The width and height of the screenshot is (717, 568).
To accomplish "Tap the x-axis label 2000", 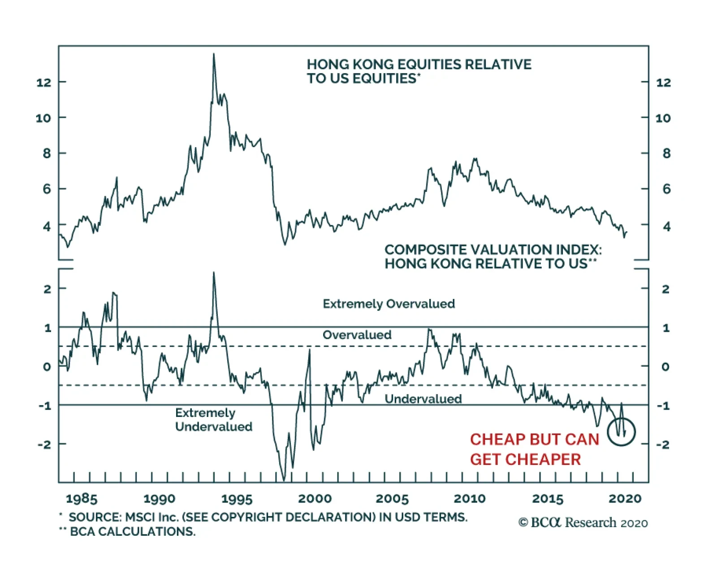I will pyautogui.click(x=315, y=499).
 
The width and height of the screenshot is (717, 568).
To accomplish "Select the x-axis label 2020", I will pyautogui.click(x=625, y=499).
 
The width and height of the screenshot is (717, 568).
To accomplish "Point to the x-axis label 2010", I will pyautogui.click(x=470, y=499).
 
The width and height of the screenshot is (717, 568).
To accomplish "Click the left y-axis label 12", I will pyautogui.click(x=44, y=82).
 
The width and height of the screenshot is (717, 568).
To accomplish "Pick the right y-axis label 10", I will pyautogui.click(x=663, y=118).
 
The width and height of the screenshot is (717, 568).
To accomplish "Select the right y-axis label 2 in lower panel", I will pyautogui.click(x=665, y=289).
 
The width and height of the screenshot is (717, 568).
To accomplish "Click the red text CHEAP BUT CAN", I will pyautogui.click(x=534, y=439).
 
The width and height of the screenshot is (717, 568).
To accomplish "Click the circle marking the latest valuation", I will pyautogui.click(x=622, y=432).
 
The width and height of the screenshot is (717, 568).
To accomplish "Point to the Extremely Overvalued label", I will pyautogui.click(x=389, y=304).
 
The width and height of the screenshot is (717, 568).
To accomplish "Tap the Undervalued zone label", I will pyautogui.click(x=423, y=399).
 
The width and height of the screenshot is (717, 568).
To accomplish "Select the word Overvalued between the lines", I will pyautogui.click(x=357, y=335).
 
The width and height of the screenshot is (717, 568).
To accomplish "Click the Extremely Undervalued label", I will pyautogui.click(x=213, y=420).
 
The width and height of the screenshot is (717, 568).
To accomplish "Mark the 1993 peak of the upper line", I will pyautogui.click(x=214, y=55).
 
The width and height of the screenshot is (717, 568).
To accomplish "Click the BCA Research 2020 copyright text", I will pyautogui.click(x=583, y=523).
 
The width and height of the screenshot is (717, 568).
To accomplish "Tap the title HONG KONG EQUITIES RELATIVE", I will pyautogui.click(x=419, y=65).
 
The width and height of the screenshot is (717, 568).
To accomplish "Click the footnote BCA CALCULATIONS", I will pyautogui.click(x=133, y=532).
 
